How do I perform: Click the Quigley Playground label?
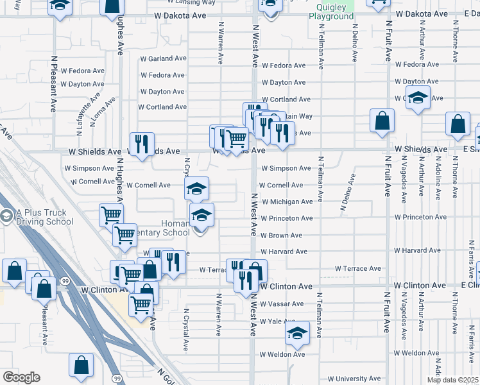(x=331, y=12)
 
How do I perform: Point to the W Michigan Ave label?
(x=286, y=201)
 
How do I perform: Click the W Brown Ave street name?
(x=281, y=235)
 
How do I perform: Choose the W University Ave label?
(x=354, y=379)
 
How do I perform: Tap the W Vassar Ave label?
(x=282, y=304)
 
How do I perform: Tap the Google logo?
(x=21, y=377)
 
